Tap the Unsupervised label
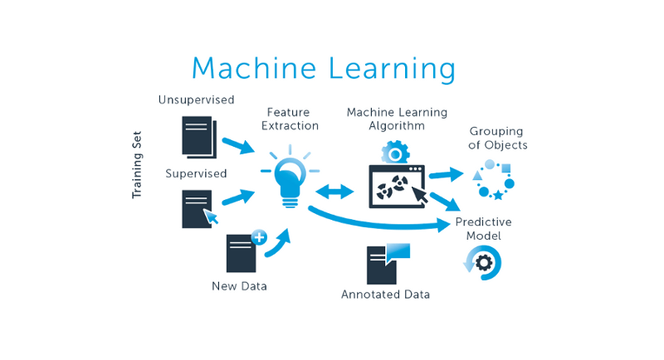[197, 100]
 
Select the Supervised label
[196, 173]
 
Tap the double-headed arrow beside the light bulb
[335, 192]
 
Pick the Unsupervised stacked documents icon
[199, 136]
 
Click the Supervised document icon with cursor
[198, 209]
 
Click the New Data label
[239, 287]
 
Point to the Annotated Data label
[385, 294]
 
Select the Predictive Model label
[483, 229]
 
